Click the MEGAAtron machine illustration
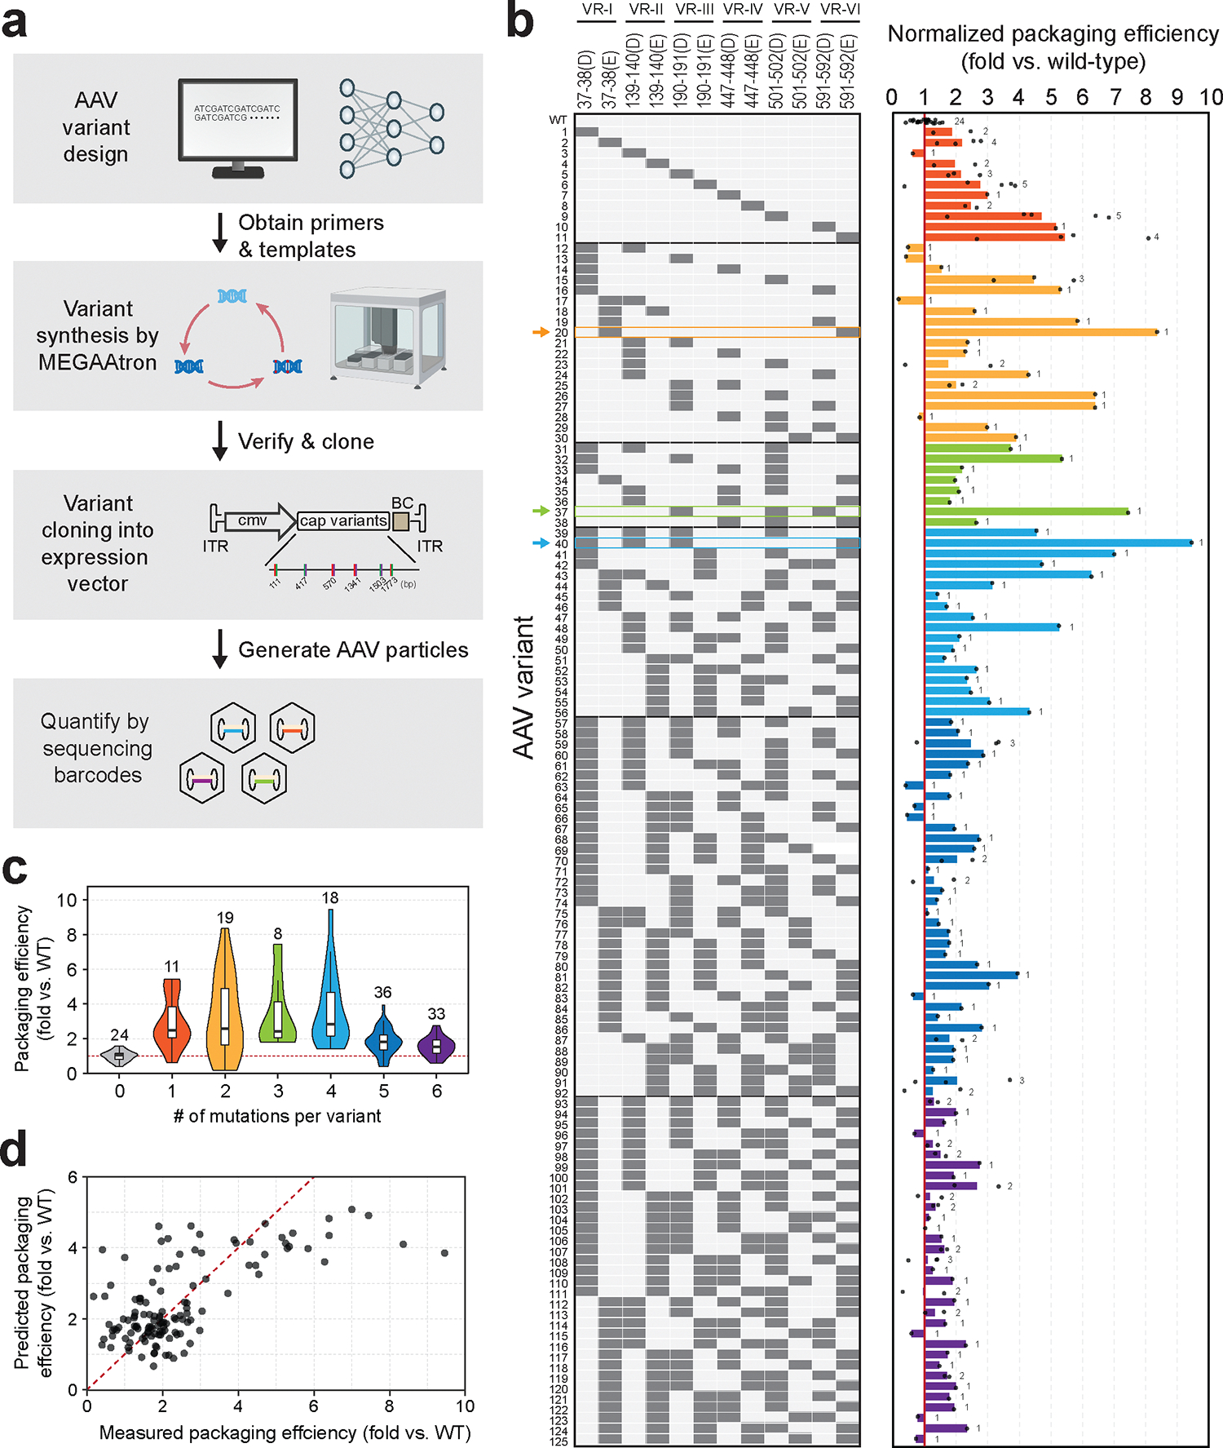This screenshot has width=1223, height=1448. [x=388, y=336]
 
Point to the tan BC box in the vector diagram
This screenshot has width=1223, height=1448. [x=401, y=521]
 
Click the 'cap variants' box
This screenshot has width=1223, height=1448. [x=343, y=521]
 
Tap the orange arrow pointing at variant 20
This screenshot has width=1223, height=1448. [x=540, y=332]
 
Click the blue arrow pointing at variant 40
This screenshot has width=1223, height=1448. [x=540, y=543]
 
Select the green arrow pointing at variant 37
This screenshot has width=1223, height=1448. [x=540, y=511]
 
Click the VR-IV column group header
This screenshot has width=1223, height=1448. [x=743, y=10]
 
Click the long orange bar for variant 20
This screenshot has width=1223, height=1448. [x=1040, y=332]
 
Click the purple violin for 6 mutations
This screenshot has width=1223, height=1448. [x=437, y=1045]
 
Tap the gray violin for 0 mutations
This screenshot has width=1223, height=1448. [x=119, y=1056]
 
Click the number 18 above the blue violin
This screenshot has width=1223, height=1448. [x=330, y=898]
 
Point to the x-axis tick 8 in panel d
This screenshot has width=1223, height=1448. [x=390, y=1406]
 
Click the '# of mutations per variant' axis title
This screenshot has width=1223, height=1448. [x=277, y=1116]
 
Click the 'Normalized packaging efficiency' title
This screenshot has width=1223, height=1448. [x=1053, y=34]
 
